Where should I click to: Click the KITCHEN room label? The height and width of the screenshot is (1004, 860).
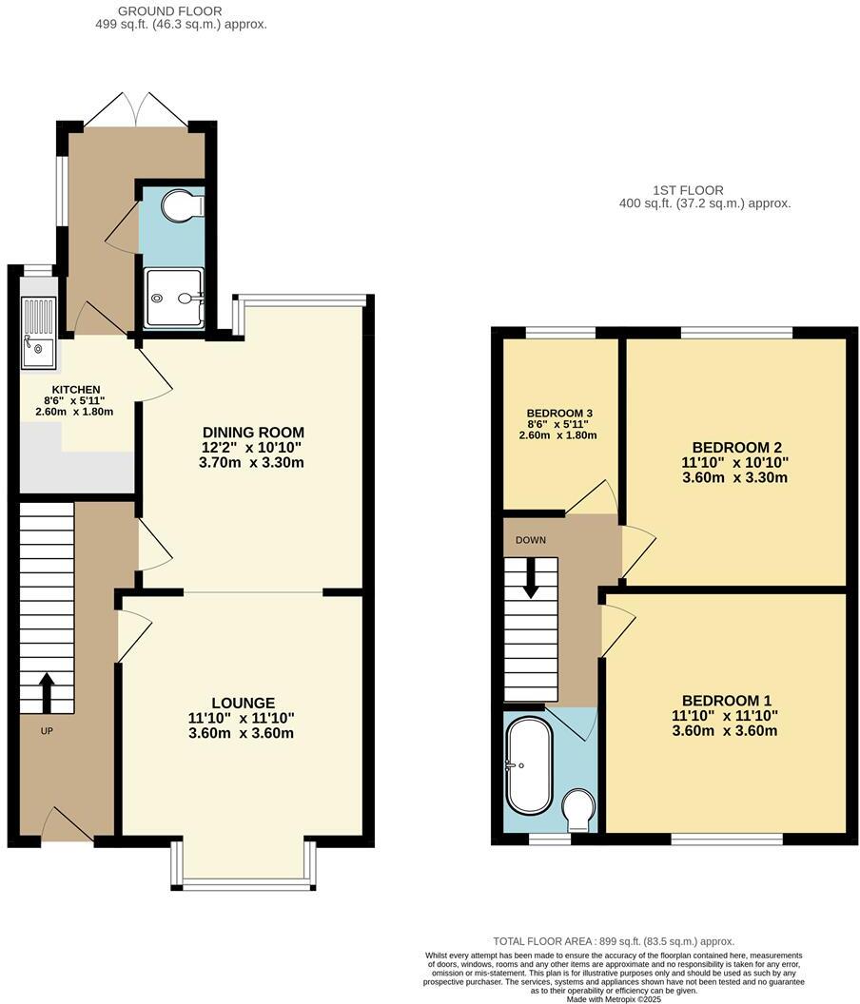click(x=76, y=389)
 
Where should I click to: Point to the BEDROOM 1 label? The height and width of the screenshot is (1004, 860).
click(x=725, y=701)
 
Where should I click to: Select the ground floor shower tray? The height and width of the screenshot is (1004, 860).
click(x=173, y=298)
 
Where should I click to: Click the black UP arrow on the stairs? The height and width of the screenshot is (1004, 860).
click(x=46, y=692)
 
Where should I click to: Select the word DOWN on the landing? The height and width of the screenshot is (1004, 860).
click(x=531, y=540)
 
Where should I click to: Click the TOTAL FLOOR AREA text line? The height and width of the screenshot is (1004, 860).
click(x=614, y=941)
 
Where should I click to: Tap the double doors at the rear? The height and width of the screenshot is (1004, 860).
click(x=135, y=111)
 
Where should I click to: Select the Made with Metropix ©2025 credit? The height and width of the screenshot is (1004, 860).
click(x=614, y=998)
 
